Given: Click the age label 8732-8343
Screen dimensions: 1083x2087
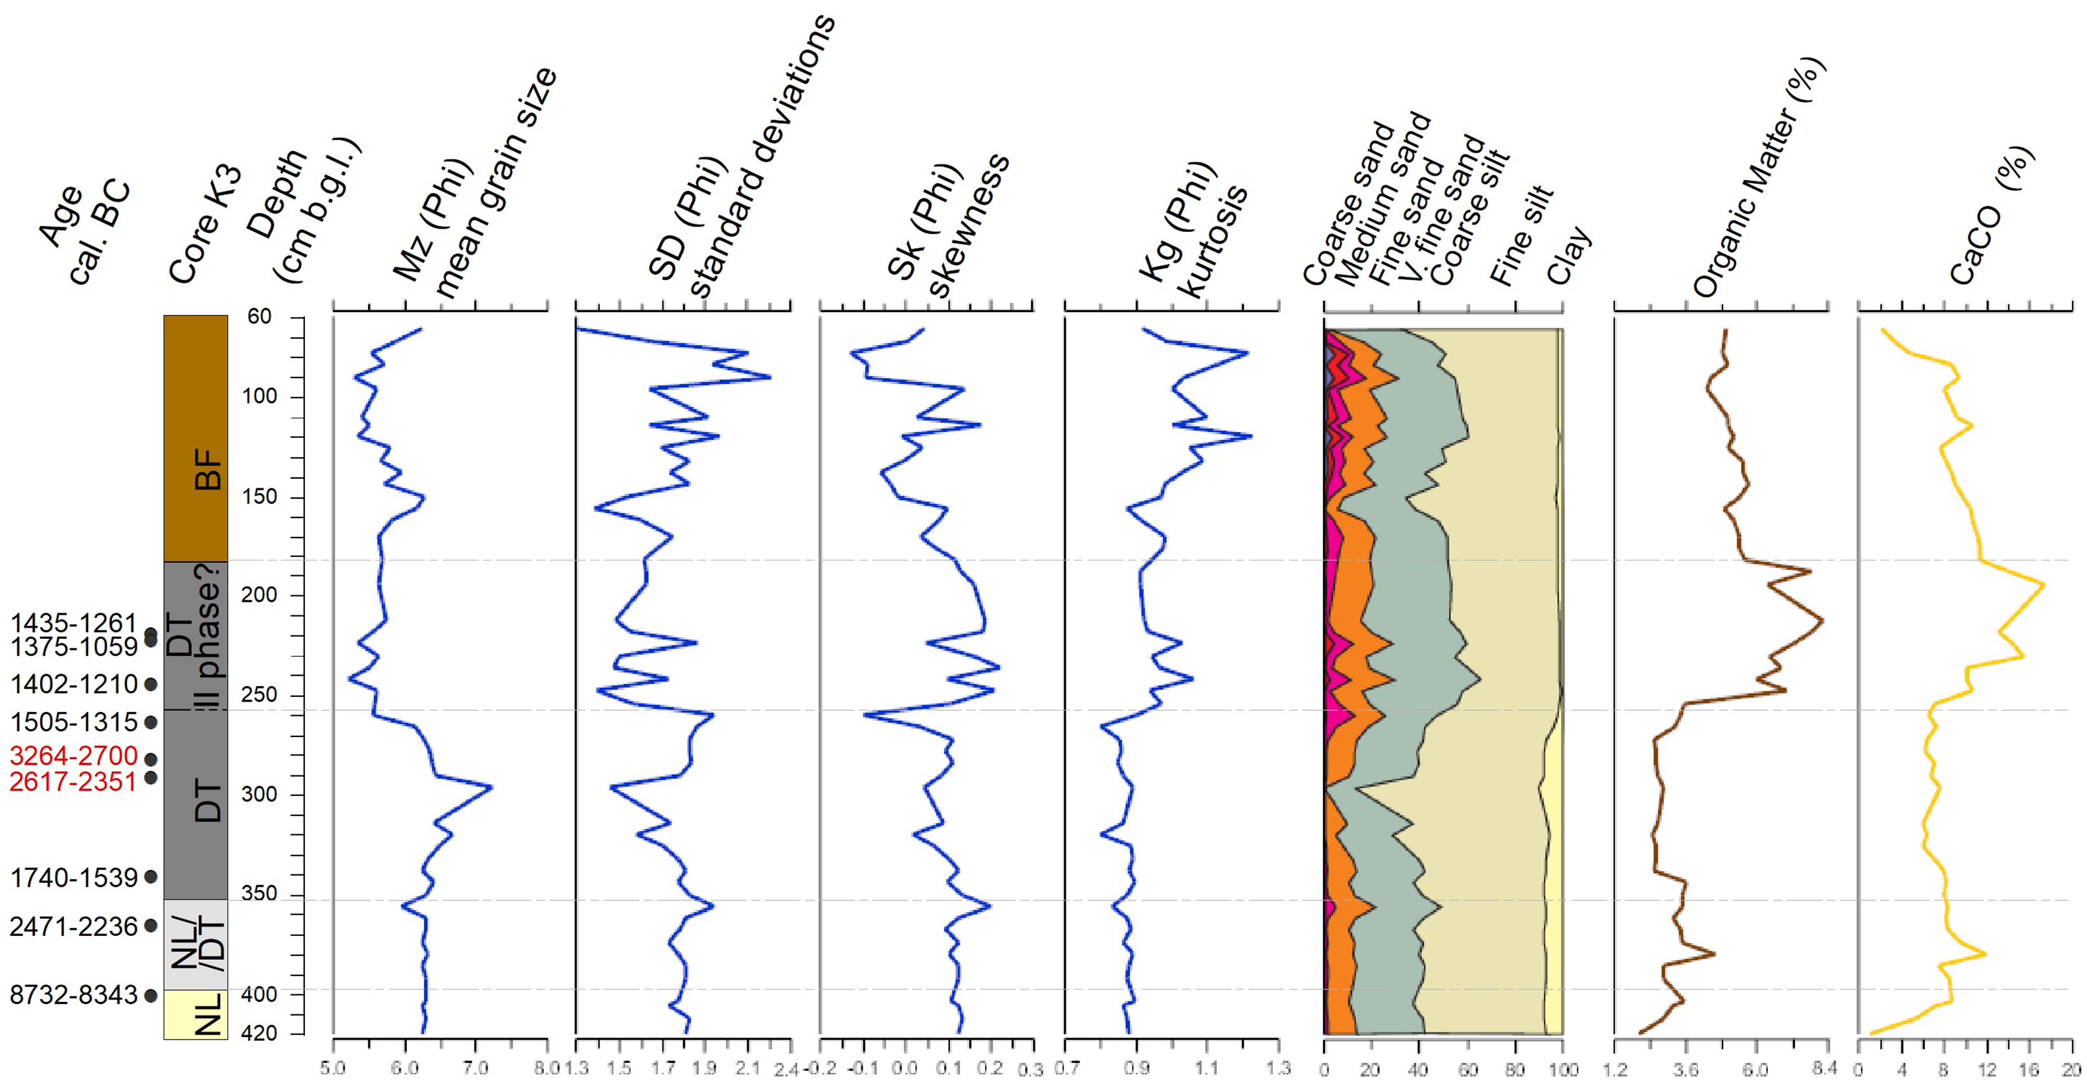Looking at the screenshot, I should click(x=73, y=995).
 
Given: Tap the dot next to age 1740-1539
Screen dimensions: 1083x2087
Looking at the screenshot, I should click(x=151, y=876).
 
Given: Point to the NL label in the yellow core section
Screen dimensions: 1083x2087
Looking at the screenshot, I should click(x=209, y=1014).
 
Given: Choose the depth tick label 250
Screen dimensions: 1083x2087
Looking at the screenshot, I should click(x=259, y=695).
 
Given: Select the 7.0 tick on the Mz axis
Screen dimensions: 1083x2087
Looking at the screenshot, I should click(x=475, y=1068).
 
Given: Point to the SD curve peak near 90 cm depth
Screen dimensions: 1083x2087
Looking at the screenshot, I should click(x=770, y=377).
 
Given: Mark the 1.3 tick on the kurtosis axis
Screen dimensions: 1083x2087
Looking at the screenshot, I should click(x=1278, y=1068).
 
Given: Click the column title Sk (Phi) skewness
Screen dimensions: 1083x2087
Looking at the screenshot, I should click(x=948, y=227).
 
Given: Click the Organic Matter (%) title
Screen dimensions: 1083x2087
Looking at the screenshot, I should click(x=1758, y=178).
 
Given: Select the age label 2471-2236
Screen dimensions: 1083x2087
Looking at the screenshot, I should click(x=73, y=926).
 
